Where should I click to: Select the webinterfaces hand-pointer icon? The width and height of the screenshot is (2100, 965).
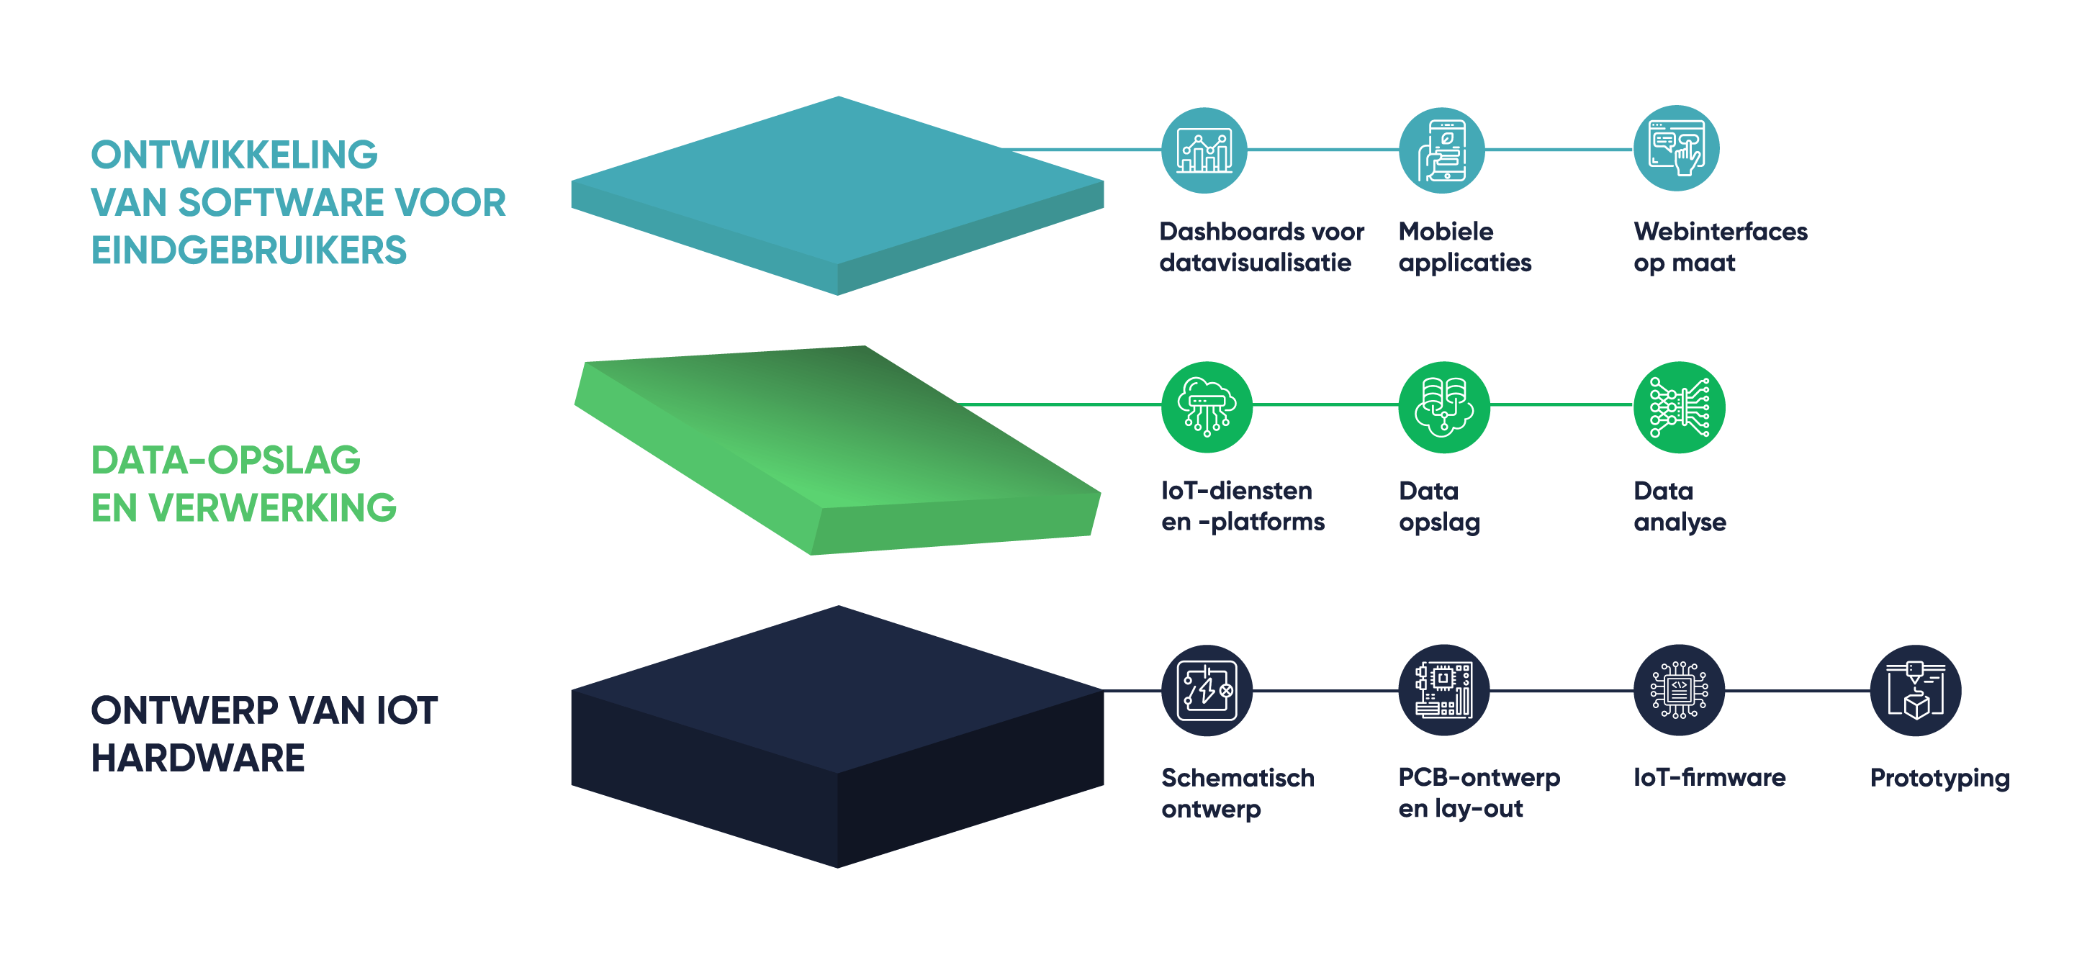coord(1676,149)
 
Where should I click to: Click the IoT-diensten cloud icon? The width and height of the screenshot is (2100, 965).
coord(1207,407)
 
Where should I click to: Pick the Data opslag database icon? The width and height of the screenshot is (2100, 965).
coord(1443,407)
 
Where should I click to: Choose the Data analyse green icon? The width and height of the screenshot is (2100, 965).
coord(1679,407)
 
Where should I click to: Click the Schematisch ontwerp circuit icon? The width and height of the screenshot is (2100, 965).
coord(1207,690)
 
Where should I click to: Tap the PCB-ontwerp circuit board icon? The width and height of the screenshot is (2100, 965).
coord(1443,690)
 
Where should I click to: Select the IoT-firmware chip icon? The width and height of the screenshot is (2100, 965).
coord(1679,690)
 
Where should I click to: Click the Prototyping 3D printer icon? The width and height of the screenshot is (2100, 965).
coord(1915,690)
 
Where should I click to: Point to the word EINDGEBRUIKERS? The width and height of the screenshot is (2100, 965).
coord(248,250)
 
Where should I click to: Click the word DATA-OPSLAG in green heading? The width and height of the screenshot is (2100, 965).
coord(226,461)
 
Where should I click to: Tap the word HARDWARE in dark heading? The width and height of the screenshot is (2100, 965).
coord(198,758)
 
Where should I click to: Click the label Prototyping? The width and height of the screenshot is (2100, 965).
coord(1939,778)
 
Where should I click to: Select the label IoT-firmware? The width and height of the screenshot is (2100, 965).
coord(1708,778)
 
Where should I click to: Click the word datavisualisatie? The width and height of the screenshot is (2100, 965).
coord(1255,263)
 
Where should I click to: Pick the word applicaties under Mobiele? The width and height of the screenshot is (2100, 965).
coord(1464,263)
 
